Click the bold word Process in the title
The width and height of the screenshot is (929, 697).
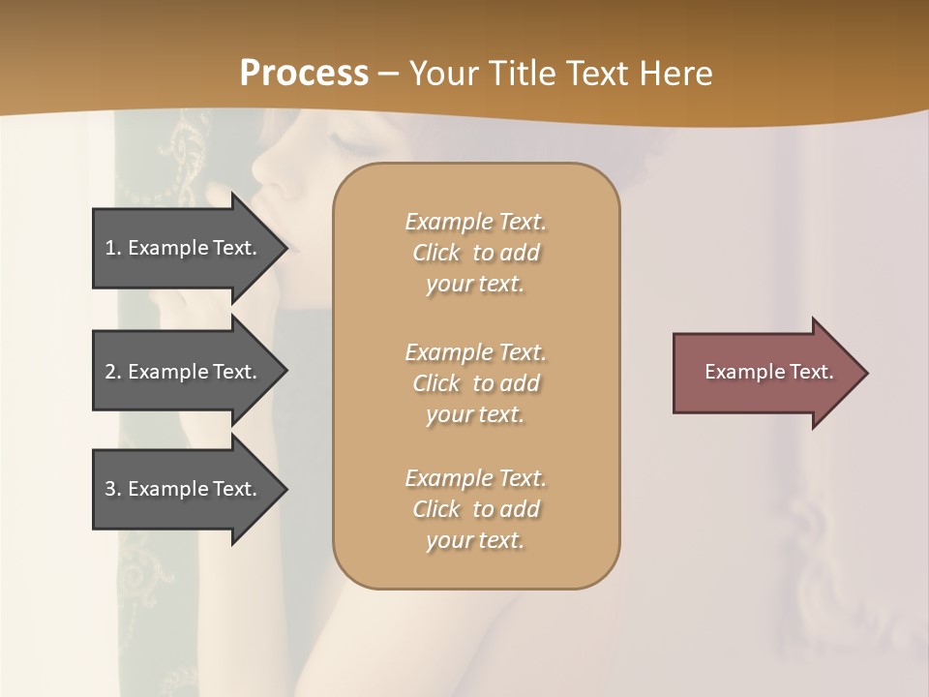(x=304, y=73)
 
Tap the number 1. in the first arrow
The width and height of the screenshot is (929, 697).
(x=113, y=248)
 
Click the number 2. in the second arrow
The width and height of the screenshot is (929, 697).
(x=113, y=372)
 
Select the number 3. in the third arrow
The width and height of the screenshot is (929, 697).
(x=113, y=489)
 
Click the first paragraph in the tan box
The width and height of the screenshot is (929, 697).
(x=475, y=253)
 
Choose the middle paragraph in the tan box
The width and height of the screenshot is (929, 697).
(x=475, y=383)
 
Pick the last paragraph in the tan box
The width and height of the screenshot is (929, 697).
(x=475, y=509)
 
